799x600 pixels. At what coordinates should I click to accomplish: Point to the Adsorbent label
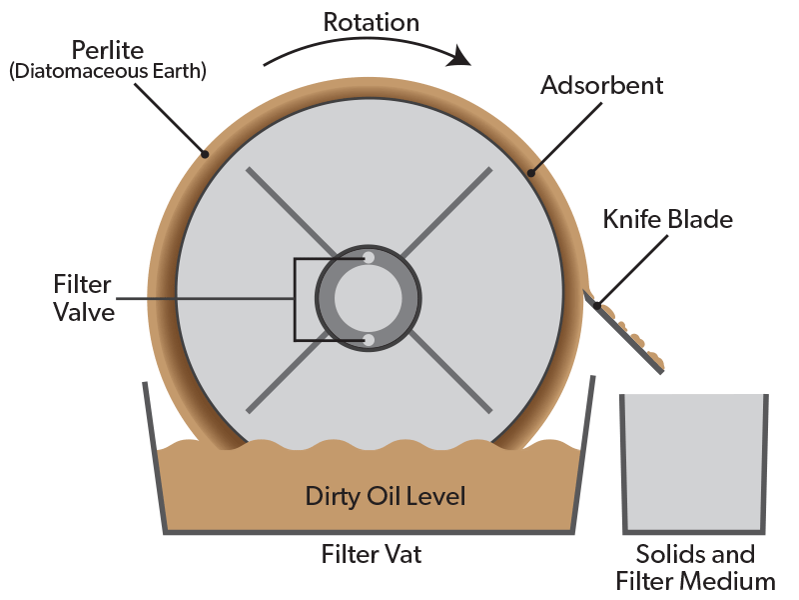tap(601, 85)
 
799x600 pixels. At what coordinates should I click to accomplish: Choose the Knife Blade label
tap(667, 219)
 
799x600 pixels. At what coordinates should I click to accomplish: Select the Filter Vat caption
tap(372, 554)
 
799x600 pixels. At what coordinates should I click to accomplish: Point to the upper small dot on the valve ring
tap(369, 258)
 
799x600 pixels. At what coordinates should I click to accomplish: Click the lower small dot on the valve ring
tap(369, 341)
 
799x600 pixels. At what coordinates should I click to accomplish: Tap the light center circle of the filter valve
tap(369, 299)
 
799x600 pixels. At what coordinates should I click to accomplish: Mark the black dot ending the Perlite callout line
tap(204, 154)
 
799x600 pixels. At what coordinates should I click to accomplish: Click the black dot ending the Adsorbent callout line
tap(531, 173)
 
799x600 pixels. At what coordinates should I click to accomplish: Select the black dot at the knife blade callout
tap(597, 304)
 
